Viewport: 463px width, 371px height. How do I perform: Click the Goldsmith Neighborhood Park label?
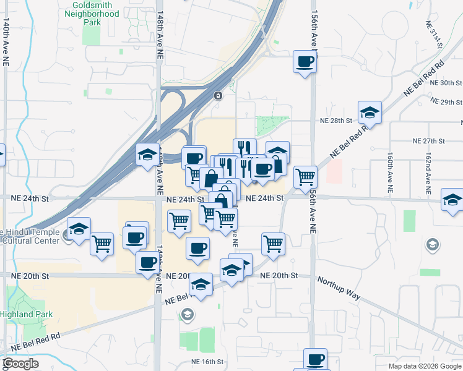click(92, 13)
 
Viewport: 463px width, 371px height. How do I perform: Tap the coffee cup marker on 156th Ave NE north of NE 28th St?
click(305, 62)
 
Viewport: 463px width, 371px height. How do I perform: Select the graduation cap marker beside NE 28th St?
click(370, 113)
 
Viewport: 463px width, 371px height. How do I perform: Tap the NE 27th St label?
click(428, 141)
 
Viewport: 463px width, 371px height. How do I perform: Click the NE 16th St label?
click(206, 362)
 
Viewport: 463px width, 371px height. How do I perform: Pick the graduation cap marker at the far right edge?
click(452, 200)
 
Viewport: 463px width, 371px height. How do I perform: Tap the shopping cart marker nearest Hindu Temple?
click(102, 243)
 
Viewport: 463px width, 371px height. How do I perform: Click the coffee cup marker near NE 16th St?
click(316, 359)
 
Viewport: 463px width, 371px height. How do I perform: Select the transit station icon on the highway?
click(218, 95)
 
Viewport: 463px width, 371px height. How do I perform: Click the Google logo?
click(21, 364)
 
